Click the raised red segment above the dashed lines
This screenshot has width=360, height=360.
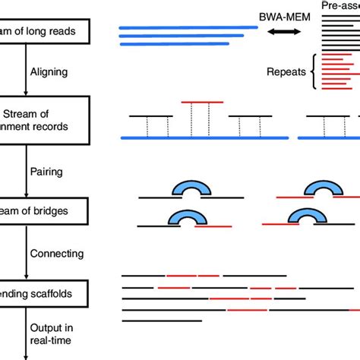(x=202, y=103)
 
